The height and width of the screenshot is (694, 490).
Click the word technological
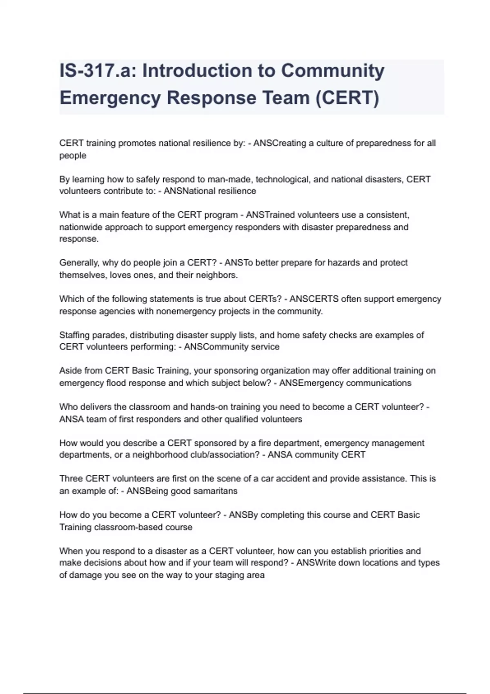pyautogui.click(x=283, y=179)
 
